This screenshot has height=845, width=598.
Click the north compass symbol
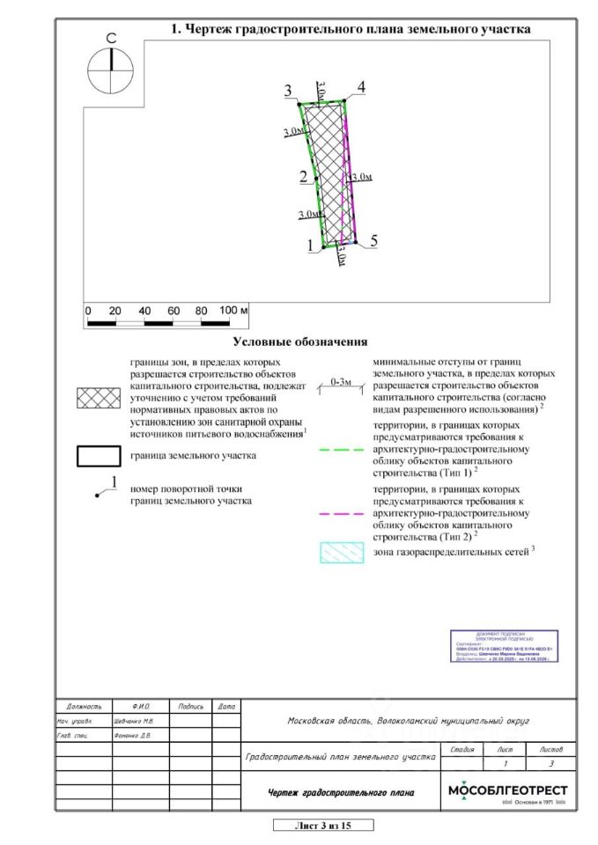coord(112,70)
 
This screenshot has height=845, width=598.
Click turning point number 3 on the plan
coord(299,104)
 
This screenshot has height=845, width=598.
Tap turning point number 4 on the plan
coord(344,99)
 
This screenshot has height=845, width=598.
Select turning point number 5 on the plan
coord(356,241)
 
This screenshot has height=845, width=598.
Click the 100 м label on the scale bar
coord(233,311)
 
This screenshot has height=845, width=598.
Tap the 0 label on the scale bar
coord(88,311)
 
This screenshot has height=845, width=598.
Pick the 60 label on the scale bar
coord(173,311)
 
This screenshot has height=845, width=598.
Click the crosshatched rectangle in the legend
coord(99,398)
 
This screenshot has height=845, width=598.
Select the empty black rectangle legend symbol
coord(99,456)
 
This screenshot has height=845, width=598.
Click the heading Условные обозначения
coord(299,342)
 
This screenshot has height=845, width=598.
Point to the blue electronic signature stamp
coord(506,646)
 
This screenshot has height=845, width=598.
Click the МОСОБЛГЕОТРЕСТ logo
coord(508,792)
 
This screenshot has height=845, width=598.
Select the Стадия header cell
coord(461,749)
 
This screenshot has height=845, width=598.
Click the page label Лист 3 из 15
coord(322,825)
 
